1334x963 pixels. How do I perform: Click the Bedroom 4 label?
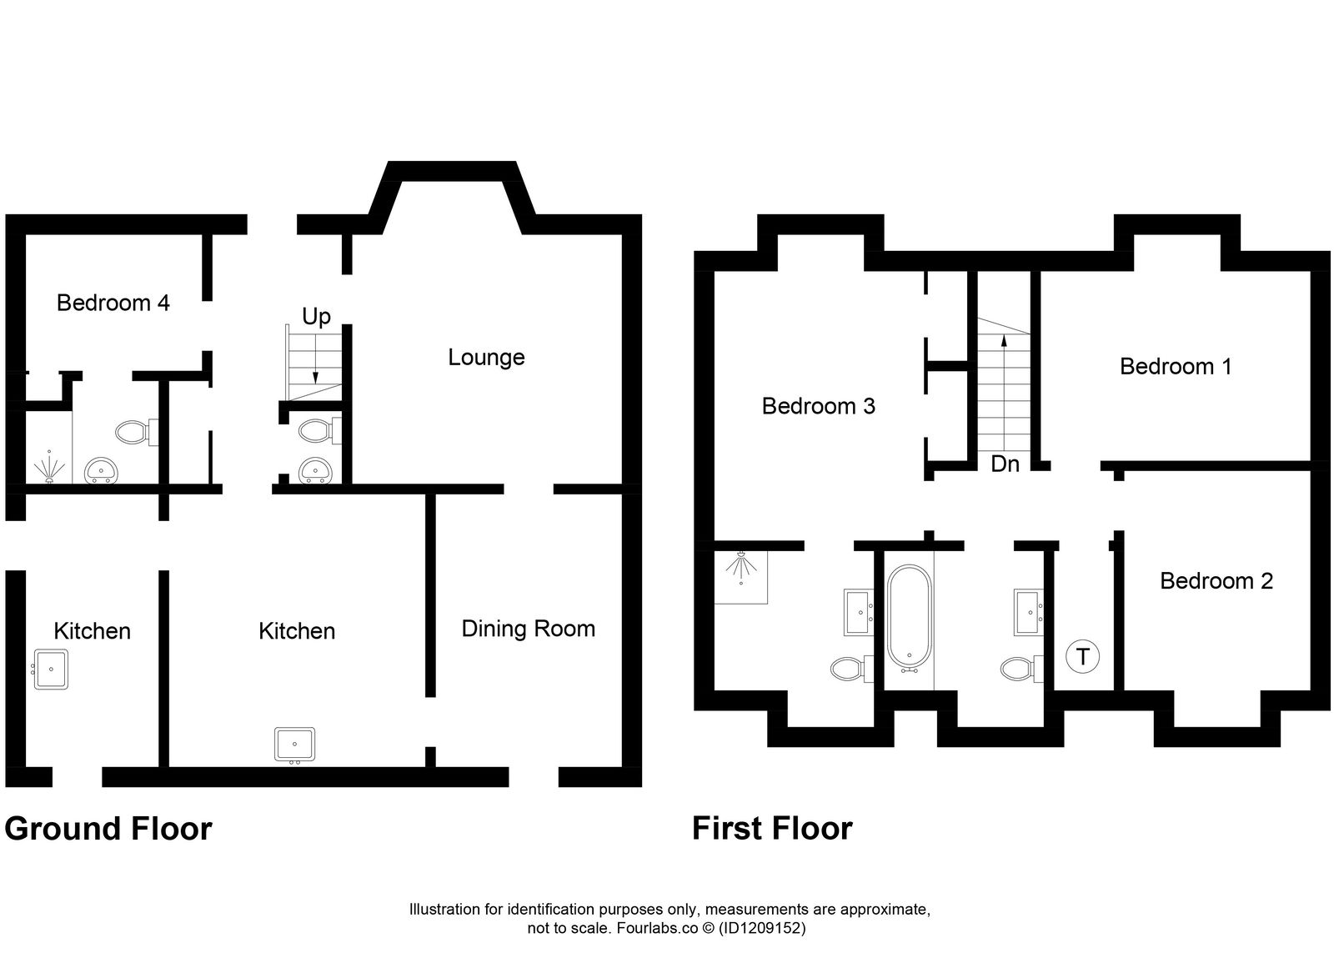coord(113,303)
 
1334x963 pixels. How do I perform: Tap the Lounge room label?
coord(486,358)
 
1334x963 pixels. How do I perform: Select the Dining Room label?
coord(528,629)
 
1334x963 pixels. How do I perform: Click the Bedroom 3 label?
coord(818,406)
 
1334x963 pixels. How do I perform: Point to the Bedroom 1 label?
coord(1175,366)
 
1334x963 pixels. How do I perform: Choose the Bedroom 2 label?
coord(1216,581)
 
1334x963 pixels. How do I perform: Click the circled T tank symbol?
coord(1082,656)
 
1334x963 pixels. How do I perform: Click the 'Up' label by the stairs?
coord(316,317)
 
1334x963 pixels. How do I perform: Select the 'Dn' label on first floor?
coord(1005,464)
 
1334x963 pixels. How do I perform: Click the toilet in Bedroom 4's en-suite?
coord(132,432)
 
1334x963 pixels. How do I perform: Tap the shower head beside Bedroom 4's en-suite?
coord(48,469)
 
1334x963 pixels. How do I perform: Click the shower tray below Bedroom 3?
coord(741,576)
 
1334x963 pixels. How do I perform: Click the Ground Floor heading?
coord(108,829)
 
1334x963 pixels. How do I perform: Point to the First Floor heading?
coord(772,829)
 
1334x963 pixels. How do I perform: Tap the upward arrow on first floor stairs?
coord(1003,340)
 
